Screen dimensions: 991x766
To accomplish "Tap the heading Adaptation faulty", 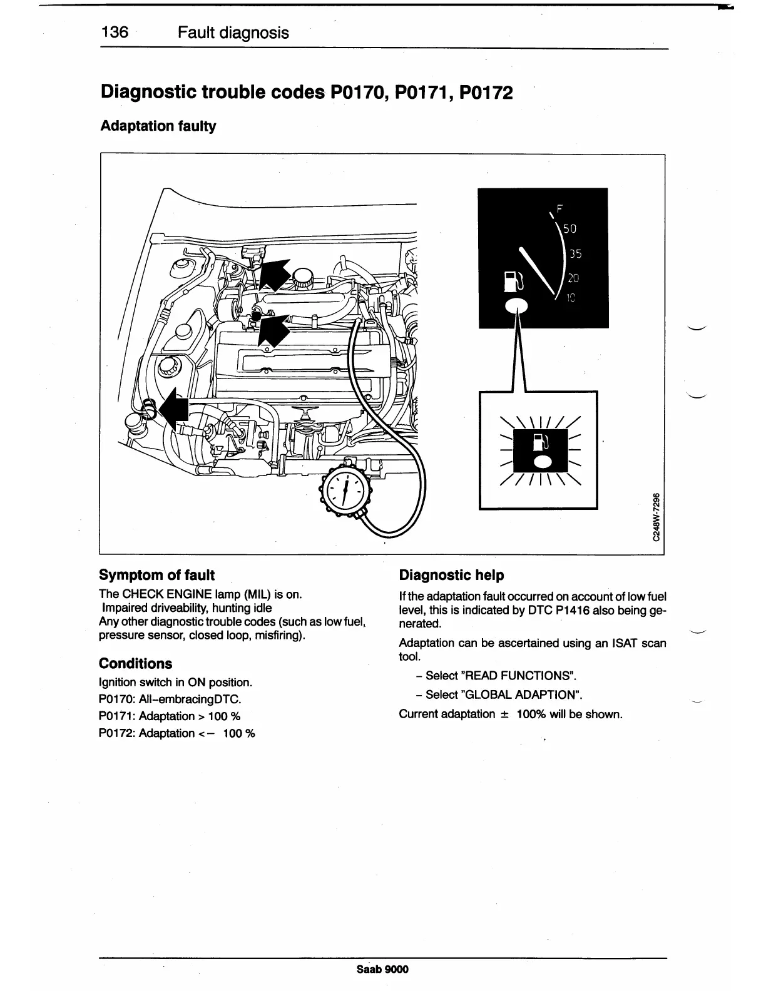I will pos(158,126).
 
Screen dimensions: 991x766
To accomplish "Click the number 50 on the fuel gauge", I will pos(569,229).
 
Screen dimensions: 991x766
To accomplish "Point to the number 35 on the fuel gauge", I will pos(574,254).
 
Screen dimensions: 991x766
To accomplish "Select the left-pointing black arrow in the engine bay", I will pos(173,410).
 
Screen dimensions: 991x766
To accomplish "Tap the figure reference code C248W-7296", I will pos(655,517).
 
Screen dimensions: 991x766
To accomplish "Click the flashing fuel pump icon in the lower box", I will pos(541,441).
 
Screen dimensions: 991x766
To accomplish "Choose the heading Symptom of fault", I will pos(156,575).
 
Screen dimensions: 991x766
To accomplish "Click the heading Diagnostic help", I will pos(451,575).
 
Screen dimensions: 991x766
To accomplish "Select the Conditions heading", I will pos(135,663).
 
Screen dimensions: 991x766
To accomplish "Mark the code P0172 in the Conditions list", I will pos(115,733).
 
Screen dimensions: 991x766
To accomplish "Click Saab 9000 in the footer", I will pos(382,969).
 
